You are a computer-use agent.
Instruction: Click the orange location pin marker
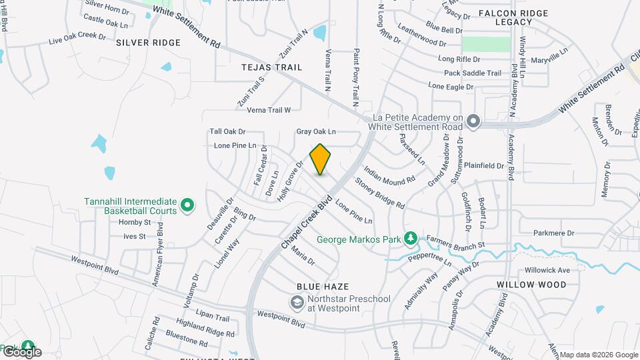click(321, 159)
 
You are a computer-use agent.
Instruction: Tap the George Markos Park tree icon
click(411, 238)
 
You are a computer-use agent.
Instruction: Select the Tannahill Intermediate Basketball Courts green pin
click(188, 206)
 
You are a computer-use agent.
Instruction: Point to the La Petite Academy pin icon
click(473, 121)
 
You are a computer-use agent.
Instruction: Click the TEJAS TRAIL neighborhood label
click(271, 67)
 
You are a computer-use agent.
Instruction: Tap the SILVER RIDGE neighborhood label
click(148, 43)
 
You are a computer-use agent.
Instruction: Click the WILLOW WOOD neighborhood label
click(531, 285)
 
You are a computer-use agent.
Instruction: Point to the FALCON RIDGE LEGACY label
click(513, 17)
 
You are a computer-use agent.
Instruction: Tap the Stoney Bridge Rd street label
click(379, 192)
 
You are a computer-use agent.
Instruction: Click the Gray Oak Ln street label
click(316, 132)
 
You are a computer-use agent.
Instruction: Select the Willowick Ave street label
click(547, 270)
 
